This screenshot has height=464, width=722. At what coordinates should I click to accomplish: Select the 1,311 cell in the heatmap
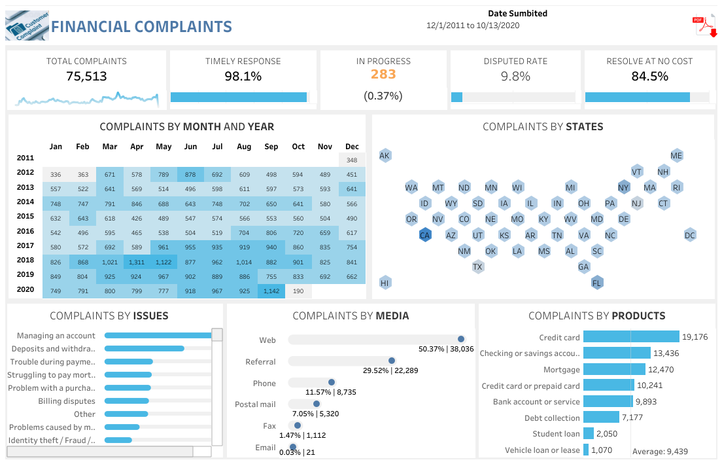[137, 262]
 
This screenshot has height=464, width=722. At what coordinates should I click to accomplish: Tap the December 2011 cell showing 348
[352, 160]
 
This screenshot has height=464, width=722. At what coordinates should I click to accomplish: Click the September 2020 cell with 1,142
[271, 291]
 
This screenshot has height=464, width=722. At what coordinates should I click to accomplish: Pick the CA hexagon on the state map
[425, 236]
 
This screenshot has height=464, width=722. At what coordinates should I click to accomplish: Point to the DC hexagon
[690, 236]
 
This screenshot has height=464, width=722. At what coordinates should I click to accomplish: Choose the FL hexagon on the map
[597, 283]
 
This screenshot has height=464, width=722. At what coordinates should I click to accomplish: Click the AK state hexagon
[385, 156]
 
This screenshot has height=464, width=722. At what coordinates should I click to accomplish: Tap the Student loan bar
[589, 434]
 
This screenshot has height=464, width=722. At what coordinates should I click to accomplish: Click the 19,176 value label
[695, 337]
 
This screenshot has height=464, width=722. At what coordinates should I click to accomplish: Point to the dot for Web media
[461, 339]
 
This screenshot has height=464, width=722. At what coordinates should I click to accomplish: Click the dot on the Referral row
[392, 361]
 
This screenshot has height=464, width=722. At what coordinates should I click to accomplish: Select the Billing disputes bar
[127, 401]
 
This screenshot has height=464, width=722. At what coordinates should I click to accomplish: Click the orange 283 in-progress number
[383, 74]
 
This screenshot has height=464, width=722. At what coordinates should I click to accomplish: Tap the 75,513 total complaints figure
[86, 76]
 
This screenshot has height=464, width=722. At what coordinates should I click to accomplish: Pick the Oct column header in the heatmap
[298, 147]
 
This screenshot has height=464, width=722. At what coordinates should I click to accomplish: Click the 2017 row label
[26, 246]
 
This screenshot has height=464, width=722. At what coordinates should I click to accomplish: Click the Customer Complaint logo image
[26, 26]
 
